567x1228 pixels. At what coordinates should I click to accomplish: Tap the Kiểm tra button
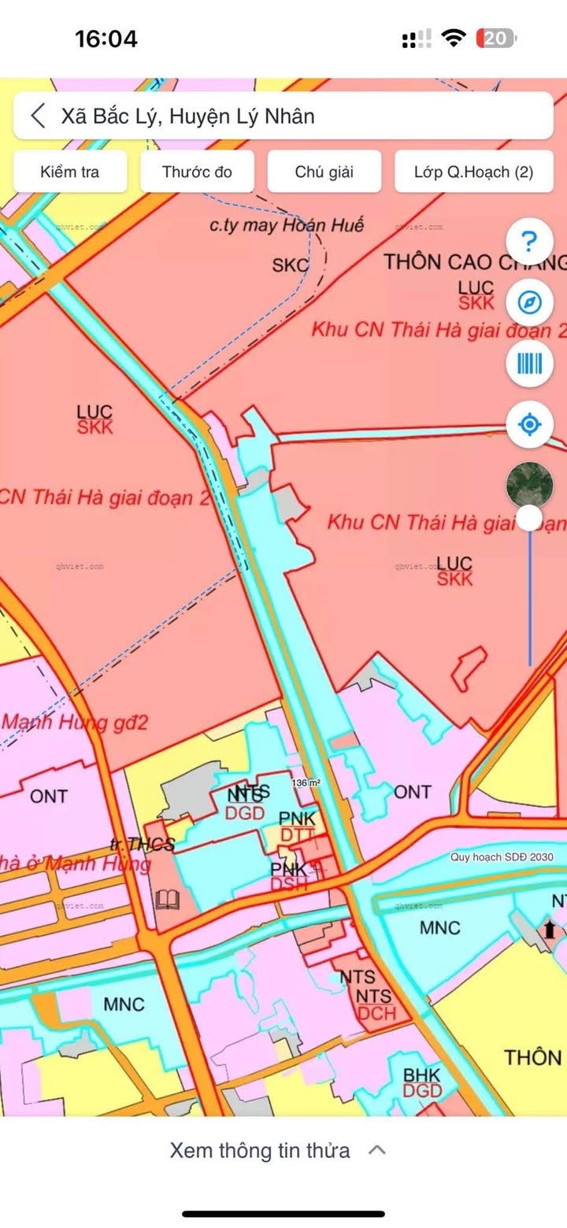[x=69, y=172]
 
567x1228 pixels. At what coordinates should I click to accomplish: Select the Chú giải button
[x=324, y=172]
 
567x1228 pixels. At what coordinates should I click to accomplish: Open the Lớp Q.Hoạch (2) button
[x=473, y=172]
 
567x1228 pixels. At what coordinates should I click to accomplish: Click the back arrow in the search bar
[x=38, y=117]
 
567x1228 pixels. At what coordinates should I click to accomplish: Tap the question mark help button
[x=530, y=241]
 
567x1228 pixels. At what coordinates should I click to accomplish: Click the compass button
[x=530, y=302]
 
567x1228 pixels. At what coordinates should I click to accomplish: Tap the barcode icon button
[x=530, y=364]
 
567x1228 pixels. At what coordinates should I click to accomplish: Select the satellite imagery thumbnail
[x=529, y=483]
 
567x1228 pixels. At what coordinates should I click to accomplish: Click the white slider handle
[x=530, y=518]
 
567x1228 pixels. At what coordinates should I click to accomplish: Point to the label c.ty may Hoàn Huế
[x=287, y=225]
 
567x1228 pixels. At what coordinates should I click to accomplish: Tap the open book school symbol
[x=168, y=900]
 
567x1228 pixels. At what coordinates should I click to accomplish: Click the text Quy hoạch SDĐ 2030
[x=502, y=857]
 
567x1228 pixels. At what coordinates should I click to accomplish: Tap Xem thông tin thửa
[x=260, y=1150]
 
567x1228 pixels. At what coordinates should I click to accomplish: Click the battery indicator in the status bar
[x=496, y=38]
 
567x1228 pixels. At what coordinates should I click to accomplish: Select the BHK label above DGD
[x=422, y=1074]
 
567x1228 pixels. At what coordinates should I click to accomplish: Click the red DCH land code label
[x=376, y=1013]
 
